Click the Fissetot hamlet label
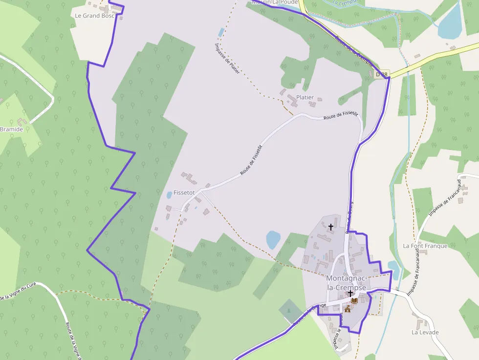[x=184, y=193]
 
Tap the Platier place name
[x=305, y=98]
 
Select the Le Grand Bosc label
[x=94, y=16]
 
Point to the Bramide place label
[x=11, y=129]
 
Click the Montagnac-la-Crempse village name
[x=346, y=283]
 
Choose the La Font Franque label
[x=425, y=246]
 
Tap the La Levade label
[x=425, y=333]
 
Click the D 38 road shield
[x=382, y=74]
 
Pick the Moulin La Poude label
[x=275, y=2]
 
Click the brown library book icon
[x=354, y=301]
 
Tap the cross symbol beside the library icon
[x=350, y=293]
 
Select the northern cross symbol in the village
[x=331, y=227]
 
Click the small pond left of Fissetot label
[x=169, y=195]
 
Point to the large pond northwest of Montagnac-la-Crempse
[x=273, y=240]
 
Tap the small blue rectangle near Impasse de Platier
[x=221, y=33]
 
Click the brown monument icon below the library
[x=348, y=310]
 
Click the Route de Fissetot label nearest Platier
[x=341, y=115]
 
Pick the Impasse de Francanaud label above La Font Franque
[x=445, y=198]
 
